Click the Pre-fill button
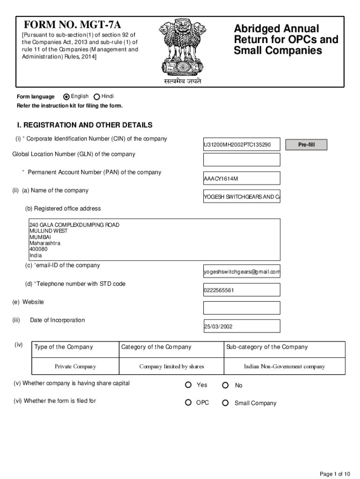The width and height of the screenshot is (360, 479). pos(306,145)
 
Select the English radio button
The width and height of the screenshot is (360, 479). pos(66,97)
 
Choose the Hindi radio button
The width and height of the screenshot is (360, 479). pos(97,97)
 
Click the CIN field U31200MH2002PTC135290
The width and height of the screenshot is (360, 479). pos(242,145)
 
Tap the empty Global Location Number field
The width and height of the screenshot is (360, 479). pos(242,160)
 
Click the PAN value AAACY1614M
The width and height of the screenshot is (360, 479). pos(242,178)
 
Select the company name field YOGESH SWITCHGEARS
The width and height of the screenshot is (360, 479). pos(242,197)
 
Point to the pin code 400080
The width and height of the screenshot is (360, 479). pos(39,249)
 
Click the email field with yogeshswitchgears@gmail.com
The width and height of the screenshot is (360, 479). pos(242,272)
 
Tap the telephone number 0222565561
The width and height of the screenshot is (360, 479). pos(242,290)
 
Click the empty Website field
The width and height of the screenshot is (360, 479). pos(242,308)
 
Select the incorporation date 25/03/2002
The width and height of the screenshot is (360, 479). pos(242,327)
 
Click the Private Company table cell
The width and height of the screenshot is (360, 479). pos(75,367)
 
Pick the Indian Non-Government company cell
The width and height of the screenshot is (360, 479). pos(284,367)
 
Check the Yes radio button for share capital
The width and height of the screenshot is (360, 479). pos(188,385)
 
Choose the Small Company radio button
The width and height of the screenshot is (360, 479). pos(225,403)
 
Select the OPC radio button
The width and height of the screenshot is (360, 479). pos(188,403)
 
